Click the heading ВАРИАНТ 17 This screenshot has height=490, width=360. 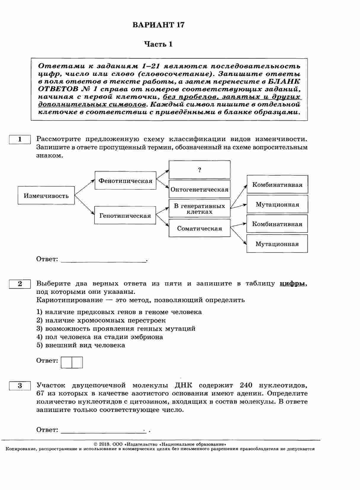pyautogui.click(x=158, y=25)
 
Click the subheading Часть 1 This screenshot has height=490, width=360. pyautogui.click(x=158, y=44)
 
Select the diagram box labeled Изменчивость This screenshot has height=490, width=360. pyautogui.click(x=46, y=196)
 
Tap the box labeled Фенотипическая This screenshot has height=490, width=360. pyautogui.click(x=125, y=180)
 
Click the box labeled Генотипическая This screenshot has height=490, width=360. pyautogui.click(x=125, y=215)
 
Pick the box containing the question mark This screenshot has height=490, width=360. pyautogui.click(x=199, y=170)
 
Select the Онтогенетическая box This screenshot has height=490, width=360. pyautogui.click(x=199, y=189)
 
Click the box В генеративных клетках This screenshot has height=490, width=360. pyautogui.click(x=199, y=209)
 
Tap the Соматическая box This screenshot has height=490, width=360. pyautogui.click(x=199, y=228)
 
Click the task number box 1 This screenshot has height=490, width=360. pyautogui.click(x=20, y=139)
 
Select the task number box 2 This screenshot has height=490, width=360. pyautogui.click(x=20, y=284)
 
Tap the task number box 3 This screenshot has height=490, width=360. pyautogui.click(x=20, y=386)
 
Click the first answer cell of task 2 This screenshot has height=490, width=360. pyautogui.click(x=66, y=362)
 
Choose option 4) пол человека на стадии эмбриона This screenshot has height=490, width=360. pyautogui.click(x=100, y=337)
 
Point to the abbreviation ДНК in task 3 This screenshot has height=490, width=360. pyautogui.click(x=183, y=385)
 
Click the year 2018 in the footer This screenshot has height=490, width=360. pyautogui.click(x=105, y=444)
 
